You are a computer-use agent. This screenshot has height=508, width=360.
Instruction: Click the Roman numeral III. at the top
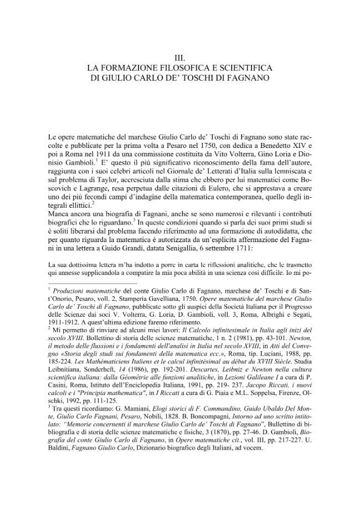pos(179,57)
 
